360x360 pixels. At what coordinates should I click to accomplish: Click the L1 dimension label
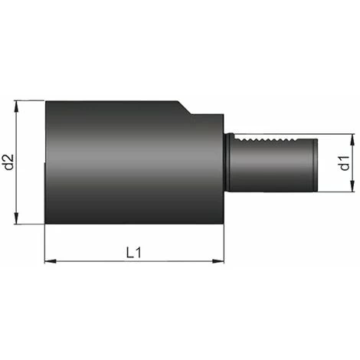(134, 252)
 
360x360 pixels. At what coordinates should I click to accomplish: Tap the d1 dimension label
(345, 164)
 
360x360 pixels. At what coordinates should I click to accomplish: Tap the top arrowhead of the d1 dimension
(353, 139)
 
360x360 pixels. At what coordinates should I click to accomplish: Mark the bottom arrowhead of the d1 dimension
(353, 188)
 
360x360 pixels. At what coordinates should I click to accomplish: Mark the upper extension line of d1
(337, 135)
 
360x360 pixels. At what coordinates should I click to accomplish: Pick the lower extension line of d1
(337, 192)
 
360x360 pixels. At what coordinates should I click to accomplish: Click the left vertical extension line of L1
(45, 245)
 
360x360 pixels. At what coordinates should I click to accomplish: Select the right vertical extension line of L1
(224, 245)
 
